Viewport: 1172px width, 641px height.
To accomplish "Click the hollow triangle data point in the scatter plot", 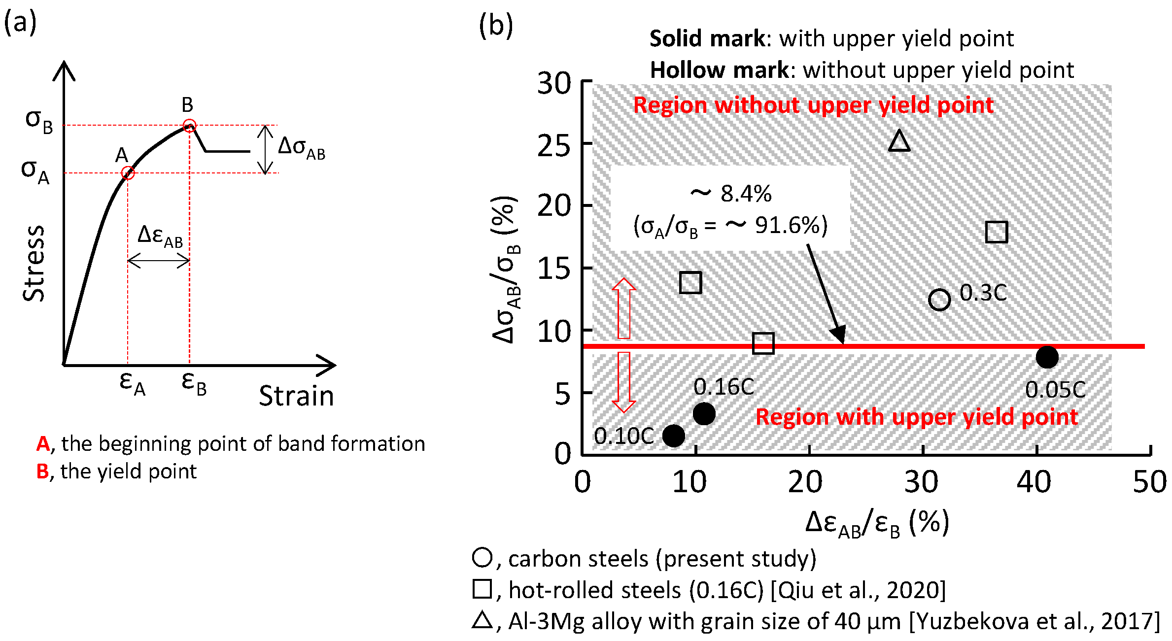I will pos(899,142).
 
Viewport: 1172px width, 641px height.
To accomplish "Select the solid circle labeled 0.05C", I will pos(1047,357).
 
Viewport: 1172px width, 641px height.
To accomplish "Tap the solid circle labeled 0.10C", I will pos(674,436).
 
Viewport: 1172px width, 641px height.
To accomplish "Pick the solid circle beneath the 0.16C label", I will pos(704,413).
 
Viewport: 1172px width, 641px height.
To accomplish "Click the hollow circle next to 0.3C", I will pos(939,300).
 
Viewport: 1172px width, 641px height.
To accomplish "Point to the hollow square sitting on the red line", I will pos(763,343).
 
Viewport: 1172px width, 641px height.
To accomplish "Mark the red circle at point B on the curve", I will pos(189,125).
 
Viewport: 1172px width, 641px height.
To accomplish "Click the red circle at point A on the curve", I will pos(128,173).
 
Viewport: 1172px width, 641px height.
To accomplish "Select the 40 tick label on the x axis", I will pos(1034,482).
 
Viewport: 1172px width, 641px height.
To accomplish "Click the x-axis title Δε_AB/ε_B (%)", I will pos(877,523).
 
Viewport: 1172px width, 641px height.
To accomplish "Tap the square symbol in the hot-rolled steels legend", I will pos(482,589).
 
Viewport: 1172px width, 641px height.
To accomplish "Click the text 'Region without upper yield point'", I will pos(813,105).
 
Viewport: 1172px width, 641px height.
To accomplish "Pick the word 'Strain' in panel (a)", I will pos(297,396).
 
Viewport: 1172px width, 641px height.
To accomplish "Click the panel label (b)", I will pos(496,26).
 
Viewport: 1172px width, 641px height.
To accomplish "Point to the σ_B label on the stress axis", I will pos(39,121).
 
